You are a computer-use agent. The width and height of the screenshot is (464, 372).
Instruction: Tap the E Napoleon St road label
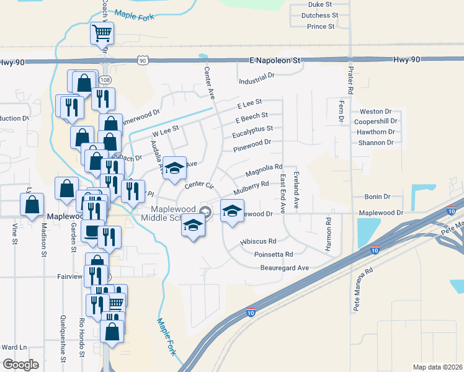(275, 61)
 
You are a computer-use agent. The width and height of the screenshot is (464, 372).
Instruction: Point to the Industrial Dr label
(256, 81)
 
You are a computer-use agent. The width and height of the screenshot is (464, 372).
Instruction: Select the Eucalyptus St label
(252, 130)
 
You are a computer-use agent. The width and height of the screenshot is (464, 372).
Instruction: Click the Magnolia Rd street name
(264, 167)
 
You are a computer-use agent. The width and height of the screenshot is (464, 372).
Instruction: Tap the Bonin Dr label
(377, 197)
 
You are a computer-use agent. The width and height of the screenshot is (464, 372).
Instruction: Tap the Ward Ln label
(14, 347)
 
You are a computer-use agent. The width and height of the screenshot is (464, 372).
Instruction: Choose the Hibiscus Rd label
(259, 241)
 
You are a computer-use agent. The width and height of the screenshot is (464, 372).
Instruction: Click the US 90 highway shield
(143, 60)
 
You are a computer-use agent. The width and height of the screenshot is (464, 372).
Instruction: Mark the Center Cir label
(199, 185)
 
